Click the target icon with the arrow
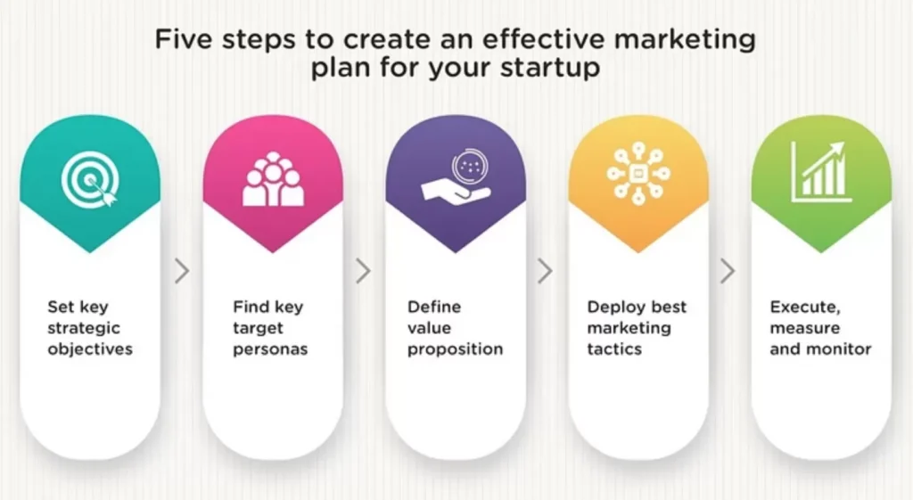(90, 178)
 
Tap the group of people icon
(273, 178)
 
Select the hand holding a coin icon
(456, 175)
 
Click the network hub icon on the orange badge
(638, 174)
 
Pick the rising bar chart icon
(820, 172)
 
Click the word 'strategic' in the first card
(84, 328)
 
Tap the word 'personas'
(270, 350)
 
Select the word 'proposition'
(456, 350)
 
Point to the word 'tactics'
(614, 349)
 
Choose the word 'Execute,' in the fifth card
(805, 307)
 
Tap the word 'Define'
(434, 307)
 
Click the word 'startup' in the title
(550, 68)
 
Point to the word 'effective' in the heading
(544, 39)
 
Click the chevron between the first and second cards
(182, 271)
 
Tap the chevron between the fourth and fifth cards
(728, 271)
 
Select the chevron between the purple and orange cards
(545, 271)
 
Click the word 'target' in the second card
(258, 329)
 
